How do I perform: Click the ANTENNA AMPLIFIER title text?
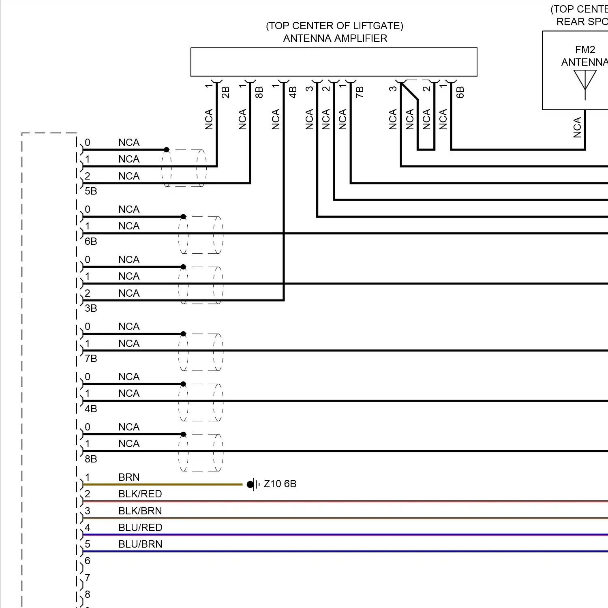pyautogui.click(x=335, y=39)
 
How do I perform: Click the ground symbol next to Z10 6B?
pyautogui.click(x=253, y=484)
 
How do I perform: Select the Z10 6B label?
pyautogui.click(x=280, y=484)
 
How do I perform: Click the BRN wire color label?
pyautogui.click(x=129, y=477)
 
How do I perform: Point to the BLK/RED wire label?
pyautogui.click(x=140, y=494)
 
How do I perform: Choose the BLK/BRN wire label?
pyautogui.click(x=140, y=511)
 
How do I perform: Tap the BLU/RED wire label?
pyautogui.click(x=140, y=528)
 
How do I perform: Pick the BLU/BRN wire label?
pyautogui.click(x=140, y=544)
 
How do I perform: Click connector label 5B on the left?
pyautogui.click(x=91, y=191)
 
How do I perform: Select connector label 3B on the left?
pyautogui.click(x=91, y=308)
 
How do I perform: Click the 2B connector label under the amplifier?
pyautogui.click(x=226, y=92)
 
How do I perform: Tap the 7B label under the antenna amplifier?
pyautogui.click(x=360, y=92)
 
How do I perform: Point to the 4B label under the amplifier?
pyautogui.click(x=293, y=92)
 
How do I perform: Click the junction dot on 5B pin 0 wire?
pyautogui.click(x=167, y=150)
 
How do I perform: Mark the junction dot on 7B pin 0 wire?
pyautogui.click(x=183, y=334)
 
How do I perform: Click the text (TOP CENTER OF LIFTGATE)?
pyautogui.click(x=334, y=26)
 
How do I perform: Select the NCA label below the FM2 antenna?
pyautogui.click(x=577, y=127)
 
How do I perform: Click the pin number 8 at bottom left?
pyautogui.click(x=88, y=595)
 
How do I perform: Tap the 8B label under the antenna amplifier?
pyautogui.click(x=259, y=92)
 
